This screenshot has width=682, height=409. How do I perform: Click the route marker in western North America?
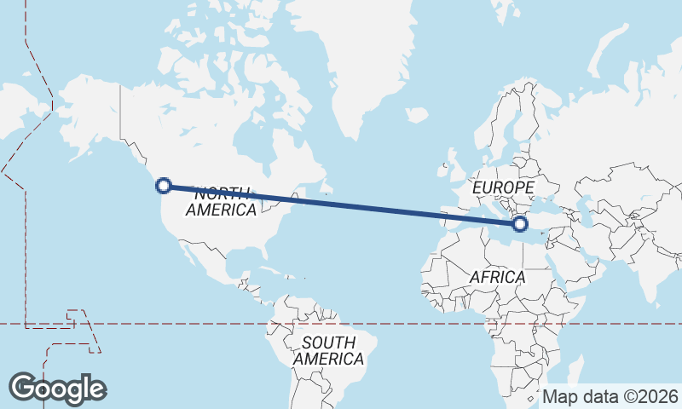pyautogui.click(x=165, y=185)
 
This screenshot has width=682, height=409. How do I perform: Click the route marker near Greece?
pyautogui.click(x=520, y=224)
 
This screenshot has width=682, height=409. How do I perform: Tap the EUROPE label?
pyautogui.click(x=503, y=187)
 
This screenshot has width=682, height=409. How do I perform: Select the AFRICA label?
pyautogui.click(x=497, y=277)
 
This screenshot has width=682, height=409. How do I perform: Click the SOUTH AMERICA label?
pyautogui.click(x=328, y=350)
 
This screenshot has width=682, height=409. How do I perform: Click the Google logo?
pyautogui.click(x=57, y=388)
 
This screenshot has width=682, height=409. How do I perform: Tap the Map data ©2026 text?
pyautogui.click(x=610, y=396)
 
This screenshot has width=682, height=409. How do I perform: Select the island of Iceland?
pyautogui.click(x=417, y=114)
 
